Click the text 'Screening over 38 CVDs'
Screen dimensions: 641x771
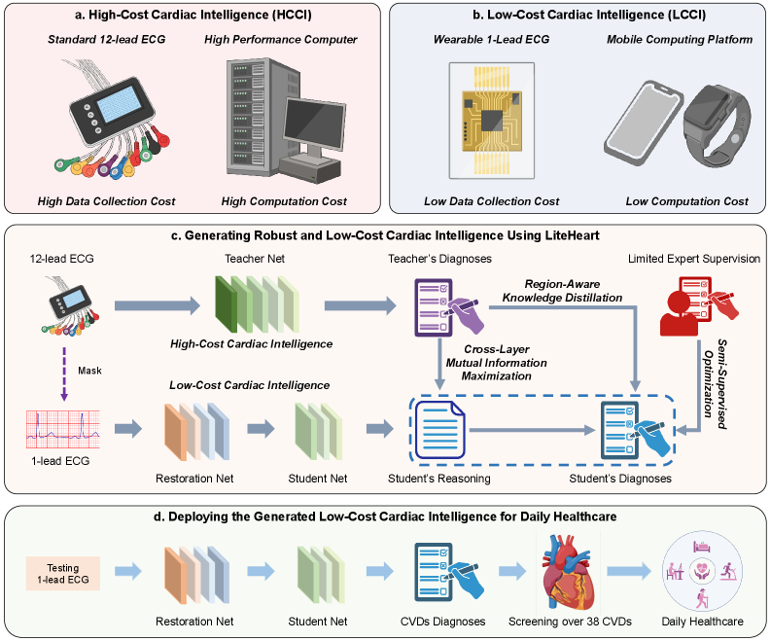pyautogui.click(x=570, y=621)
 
